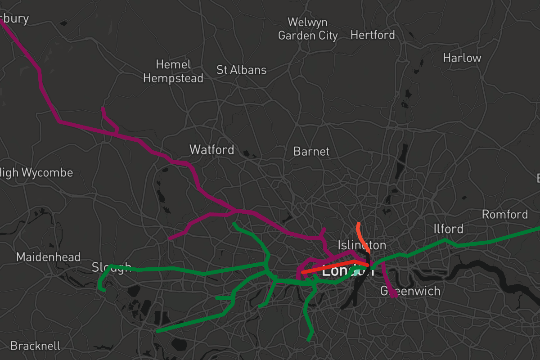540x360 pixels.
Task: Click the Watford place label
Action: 211,149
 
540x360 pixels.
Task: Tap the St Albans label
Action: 241,70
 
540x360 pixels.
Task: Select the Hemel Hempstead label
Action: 173,71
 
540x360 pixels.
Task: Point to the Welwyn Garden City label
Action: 308,29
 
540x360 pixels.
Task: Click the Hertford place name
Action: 373,35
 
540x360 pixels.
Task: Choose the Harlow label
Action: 462,58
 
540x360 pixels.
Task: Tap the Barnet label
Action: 311,151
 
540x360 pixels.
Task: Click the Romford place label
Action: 504,214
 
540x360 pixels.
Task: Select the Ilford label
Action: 448,229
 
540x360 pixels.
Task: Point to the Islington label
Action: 362,245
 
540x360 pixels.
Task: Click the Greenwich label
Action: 410,291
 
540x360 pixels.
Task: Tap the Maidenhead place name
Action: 48,257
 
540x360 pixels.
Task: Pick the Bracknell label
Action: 35,346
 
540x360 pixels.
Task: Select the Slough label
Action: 111,267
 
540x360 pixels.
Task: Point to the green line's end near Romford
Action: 538,229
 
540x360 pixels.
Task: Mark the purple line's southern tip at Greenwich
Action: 393,296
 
